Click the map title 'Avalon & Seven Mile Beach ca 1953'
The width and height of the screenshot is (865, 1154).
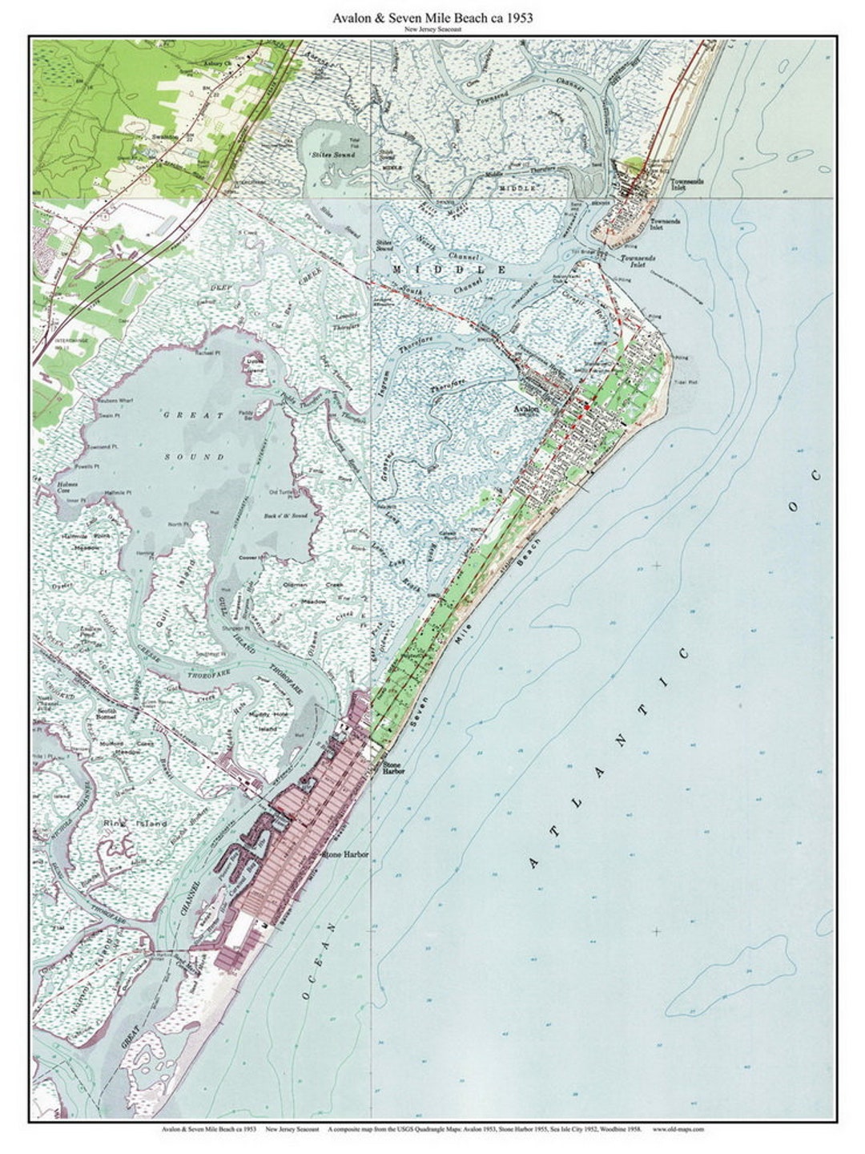point(432,17)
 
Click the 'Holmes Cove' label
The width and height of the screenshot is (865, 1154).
point(66,488)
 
